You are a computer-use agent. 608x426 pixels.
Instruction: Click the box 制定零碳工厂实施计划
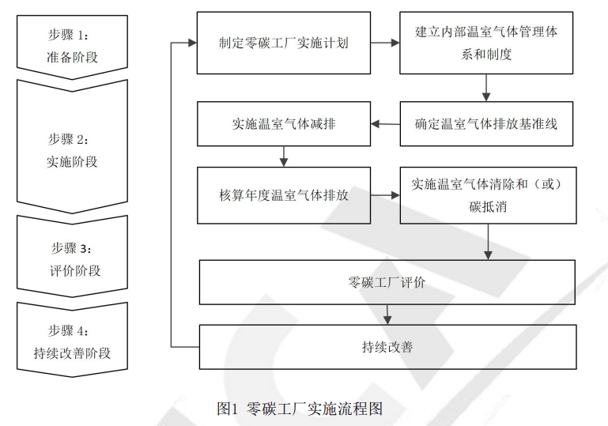(284, 43)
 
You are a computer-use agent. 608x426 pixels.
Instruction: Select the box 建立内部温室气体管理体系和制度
(486, 43)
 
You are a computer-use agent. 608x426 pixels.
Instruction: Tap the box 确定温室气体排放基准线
(486, 123)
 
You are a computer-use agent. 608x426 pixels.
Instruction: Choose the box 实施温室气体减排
(284, 123)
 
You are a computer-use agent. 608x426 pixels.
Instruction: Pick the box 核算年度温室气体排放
(284, 195)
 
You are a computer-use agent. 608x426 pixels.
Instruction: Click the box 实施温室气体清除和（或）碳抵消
(488, 195)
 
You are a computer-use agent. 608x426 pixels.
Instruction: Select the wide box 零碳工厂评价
(387, 282)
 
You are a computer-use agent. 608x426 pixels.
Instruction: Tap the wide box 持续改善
(387, 346)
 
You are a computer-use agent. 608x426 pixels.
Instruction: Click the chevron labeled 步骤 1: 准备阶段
(72, 47)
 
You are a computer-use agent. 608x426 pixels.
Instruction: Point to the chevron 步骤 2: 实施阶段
(72, 149)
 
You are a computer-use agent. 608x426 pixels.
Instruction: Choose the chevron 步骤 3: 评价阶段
(72, 258)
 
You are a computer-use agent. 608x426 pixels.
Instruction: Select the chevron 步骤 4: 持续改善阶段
(72, 341)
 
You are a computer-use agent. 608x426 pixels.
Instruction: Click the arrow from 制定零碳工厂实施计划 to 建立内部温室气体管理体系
(385, 43)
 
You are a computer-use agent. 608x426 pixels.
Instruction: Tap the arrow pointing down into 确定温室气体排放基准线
(486, 88)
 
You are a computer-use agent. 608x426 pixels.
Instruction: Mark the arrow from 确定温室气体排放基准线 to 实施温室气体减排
(385, 124)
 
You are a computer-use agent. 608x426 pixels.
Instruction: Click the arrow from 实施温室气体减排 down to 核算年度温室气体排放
(284, 156)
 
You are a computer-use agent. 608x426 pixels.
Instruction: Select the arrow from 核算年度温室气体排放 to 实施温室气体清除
(385, 195)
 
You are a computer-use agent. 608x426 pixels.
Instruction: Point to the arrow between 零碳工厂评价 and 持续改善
(387, 315)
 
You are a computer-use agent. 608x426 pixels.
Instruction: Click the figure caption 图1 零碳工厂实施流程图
(300, 409)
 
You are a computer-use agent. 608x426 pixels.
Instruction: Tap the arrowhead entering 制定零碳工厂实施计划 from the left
(193, 43)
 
